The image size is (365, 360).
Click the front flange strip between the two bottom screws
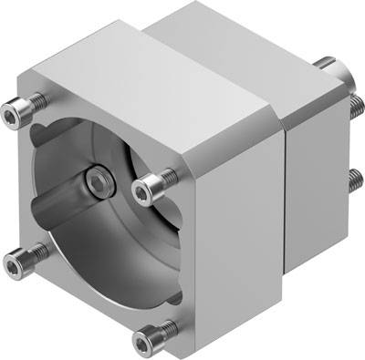82,305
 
